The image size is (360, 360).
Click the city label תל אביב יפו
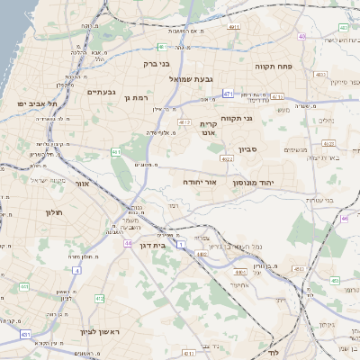tap(36, 103)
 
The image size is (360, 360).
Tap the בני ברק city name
tap(157, 64)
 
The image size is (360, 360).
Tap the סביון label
tap(248, 149)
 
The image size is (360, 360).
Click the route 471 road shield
tap(229, 94)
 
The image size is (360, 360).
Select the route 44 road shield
tap(130, 243)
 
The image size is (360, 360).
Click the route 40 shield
tap(303, 37)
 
